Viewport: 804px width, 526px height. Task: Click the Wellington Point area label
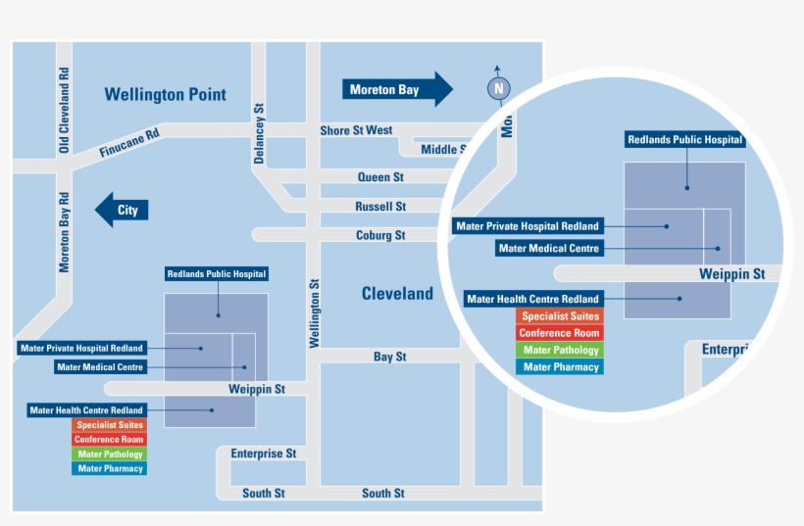coord(165,95)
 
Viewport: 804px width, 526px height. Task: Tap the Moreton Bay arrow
coord(396,89)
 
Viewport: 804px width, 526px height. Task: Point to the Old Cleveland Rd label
coord(65,110)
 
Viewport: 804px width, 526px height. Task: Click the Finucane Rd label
coord(128,145)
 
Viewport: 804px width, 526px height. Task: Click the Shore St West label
coord(356,130)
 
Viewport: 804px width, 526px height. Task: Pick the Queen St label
coord(380,177)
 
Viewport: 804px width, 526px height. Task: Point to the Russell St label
coord(380,207)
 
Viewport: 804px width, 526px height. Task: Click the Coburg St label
coord(380,235)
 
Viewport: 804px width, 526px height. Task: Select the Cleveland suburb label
coord(397,294)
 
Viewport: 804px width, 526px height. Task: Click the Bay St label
coord(389,357)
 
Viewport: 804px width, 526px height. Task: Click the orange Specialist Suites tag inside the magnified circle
coord(560,316)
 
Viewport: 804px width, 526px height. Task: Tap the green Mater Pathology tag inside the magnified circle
coord(560,350)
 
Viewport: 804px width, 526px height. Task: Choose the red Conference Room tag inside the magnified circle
coord(560,333)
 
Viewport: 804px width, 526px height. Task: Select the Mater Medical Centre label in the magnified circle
coord(548,248)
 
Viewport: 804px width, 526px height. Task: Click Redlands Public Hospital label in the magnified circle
coord(685,140)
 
